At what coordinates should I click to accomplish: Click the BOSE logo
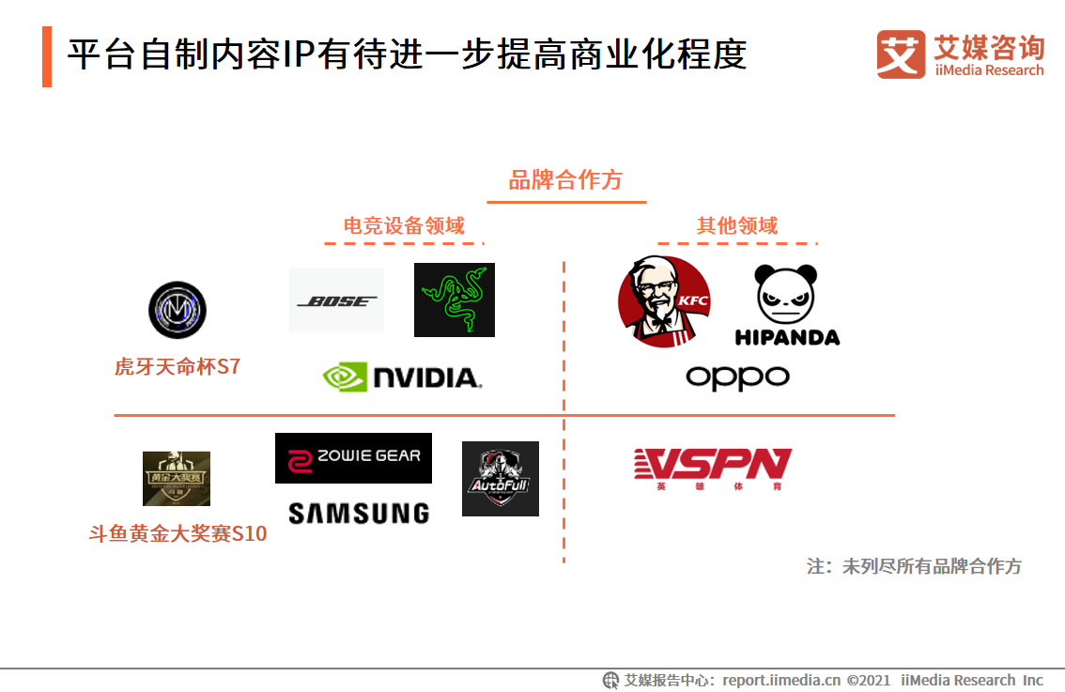[336, 300]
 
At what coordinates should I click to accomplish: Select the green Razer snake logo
[455, 300]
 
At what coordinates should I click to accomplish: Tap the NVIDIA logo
[402, 377]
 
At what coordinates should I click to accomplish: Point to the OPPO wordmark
[737, 377]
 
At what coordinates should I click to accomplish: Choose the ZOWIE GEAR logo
[353, 458]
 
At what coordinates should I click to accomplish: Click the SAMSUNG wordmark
[359, 513]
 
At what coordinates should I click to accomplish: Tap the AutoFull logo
[501, 479]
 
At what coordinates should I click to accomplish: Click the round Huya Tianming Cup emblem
[177, 310]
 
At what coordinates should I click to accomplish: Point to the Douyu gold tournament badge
[177, 479]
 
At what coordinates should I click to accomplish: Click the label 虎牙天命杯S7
[177, 367]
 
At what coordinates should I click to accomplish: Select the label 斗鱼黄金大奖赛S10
[177, 534]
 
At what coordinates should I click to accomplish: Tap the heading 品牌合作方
[565, 180]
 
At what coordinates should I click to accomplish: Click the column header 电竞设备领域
[404, 226]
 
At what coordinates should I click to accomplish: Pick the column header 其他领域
[737, 226]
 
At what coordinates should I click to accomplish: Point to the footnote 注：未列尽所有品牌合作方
[914, 566]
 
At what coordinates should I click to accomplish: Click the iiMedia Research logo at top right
[960, 54]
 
